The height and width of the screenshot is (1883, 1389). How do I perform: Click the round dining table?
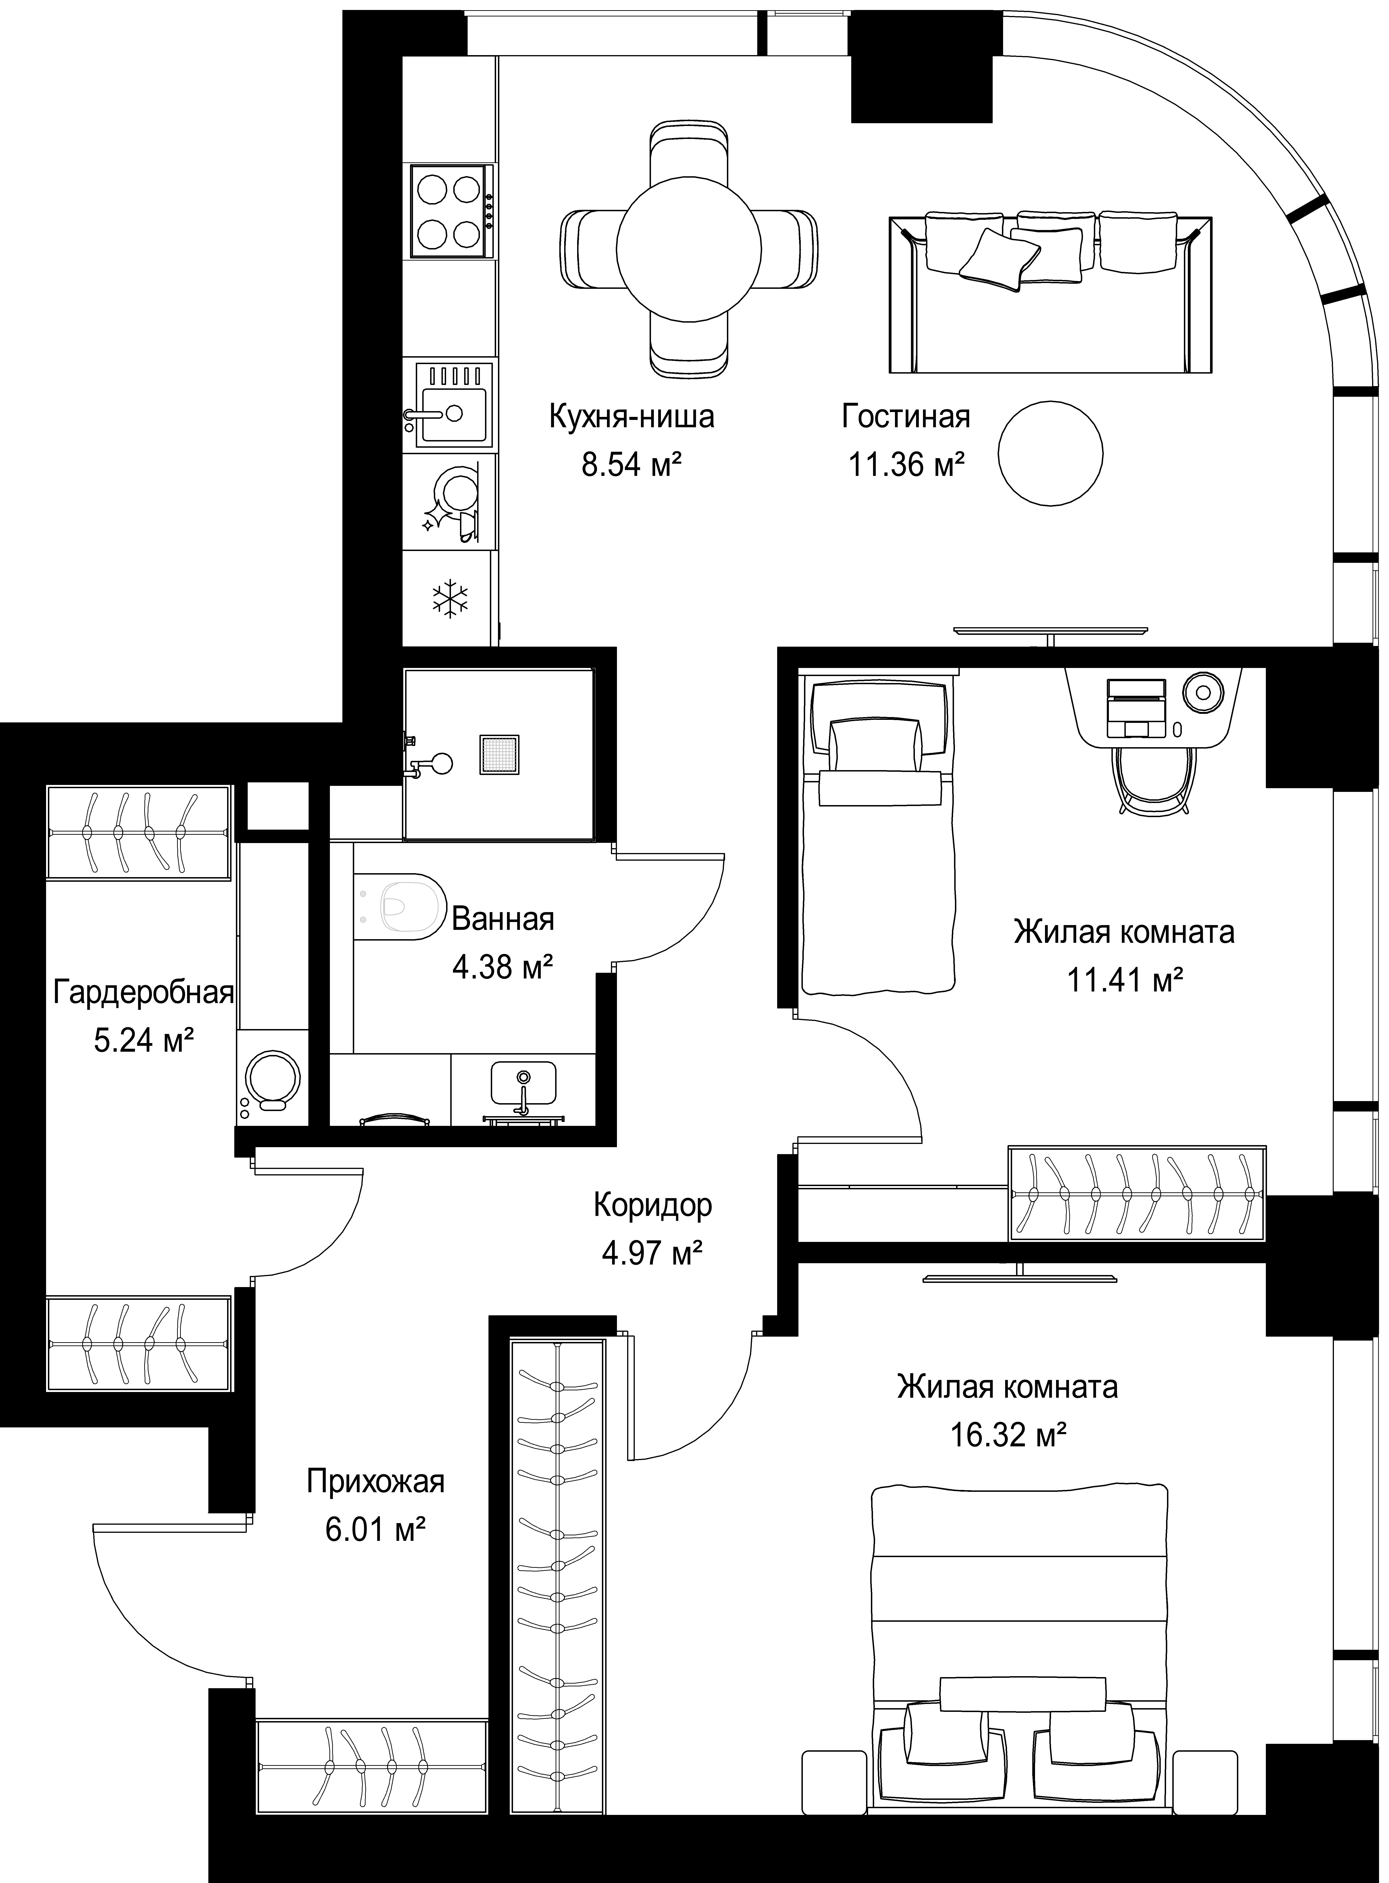pyautogui.click(x=689, y=250)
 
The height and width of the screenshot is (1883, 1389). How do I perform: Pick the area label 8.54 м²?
pyautogui.click(x=631, y=464)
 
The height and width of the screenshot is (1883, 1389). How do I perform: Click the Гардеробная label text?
pyautogui.click(x=143, y=993)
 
